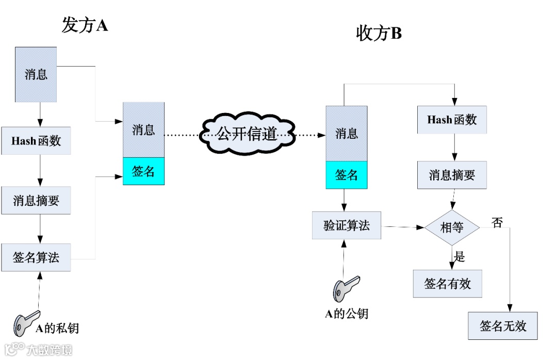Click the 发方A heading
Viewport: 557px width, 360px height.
click(x=85, y=25)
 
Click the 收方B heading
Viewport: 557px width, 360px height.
click(x=379, y=34)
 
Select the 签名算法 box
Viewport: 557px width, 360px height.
click(x=36, y=257)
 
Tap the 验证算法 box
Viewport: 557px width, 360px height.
click(x=347, y=225)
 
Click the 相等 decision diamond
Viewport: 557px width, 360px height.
click(x=452, y=227)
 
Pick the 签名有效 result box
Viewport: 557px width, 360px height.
click(x=448, y=284)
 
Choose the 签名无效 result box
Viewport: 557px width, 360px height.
click(x=503, y=326)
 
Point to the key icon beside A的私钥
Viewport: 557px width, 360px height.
click(x=26, y=322)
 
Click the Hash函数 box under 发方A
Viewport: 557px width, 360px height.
click(x=36, y=140)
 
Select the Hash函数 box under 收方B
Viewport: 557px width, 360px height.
click(x=452, y=120)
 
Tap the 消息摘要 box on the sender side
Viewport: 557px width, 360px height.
click(x=36, y=200)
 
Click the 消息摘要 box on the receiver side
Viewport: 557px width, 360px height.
click(x=452, y=175)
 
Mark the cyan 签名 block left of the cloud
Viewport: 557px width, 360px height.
click(x=143, y=171)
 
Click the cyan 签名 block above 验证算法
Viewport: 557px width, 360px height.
click(x=347, y=175)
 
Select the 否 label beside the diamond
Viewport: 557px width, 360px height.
click(x=497, y=223)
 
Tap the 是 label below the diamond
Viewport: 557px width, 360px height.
click(x=460, y=256)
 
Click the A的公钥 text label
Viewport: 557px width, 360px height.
click(x=347, y=313)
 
